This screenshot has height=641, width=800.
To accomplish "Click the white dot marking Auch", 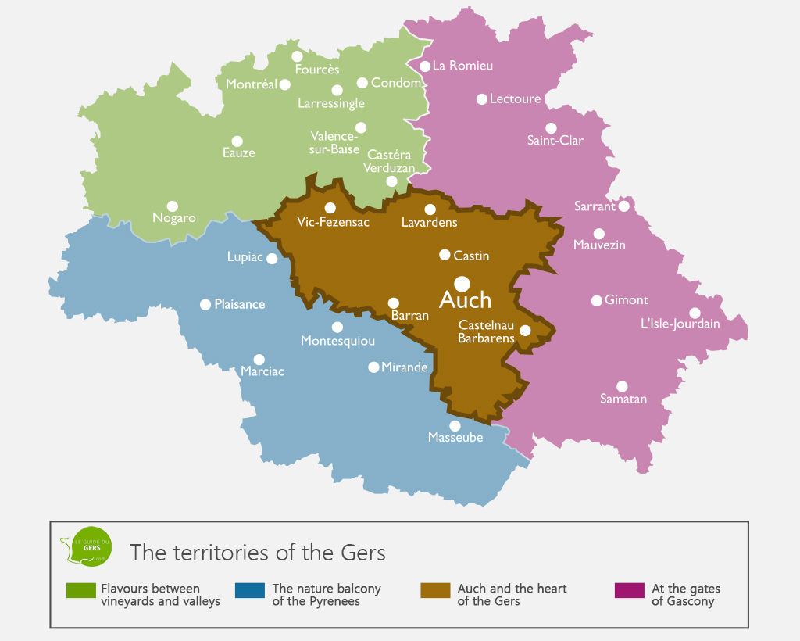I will (462, 283).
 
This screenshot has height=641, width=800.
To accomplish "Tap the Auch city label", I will (466, 300).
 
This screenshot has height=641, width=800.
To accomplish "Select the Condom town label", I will (396, 83).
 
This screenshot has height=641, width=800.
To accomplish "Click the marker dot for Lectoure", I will (482, 99).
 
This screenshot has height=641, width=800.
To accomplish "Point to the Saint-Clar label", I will (555, 141).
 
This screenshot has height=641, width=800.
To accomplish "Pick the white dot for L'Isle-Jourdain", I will (695, 313).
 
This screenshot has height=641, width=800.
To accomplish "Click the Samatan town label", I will (623, 399).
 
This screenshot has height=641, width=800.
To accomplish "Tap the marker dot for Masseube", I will (455, 425).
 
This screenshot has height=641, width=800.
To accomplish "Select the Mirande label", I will (405, 367).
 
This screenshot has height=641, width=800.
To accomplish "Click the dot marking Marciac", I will (259, 359).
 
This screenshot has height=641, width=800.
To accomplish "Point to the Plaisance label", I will (240, 305).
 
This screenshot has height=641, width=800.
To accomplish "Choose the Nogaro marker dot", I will (173, 206).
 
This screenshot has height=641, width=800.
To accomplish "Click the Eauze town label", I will (239, 153).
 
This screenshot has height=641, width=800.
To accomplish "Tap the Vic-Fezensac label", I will (333, 223).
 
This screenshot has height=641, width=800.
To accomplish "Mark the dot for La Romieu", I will (425, 66).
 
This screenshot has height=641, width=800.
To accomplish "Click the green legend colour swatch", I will (80, 590).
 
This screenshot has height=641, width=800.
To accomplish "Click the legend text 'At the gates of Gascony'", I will (686, 595).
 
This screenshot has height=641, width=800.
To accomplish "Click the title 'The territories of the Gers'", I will (258, 553).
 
